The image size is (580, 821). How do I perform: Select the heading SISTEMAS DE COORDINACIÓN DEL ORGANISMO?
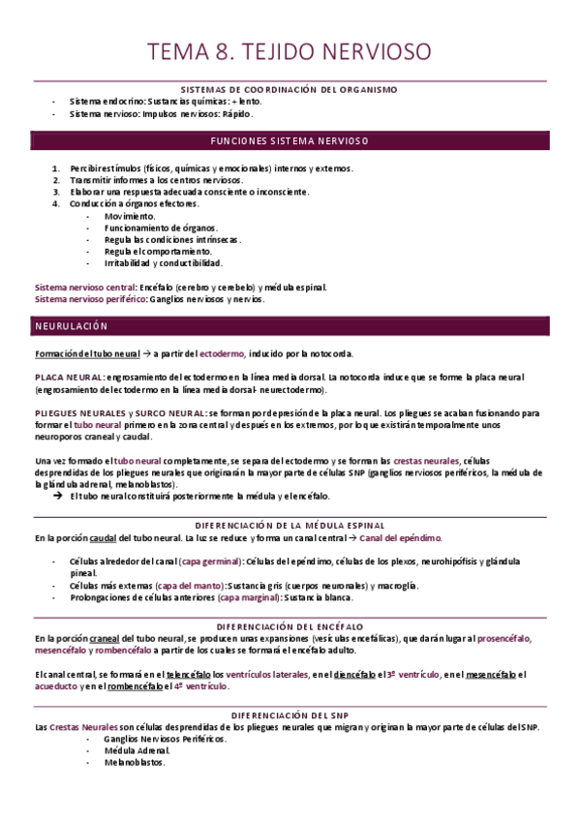290,89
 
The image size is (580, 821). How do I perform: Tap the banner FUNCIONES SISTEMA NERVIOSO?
290,140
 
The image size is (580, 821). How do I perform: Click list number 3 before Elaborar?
57,192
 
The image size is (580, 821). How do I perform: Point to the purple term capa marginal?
250,598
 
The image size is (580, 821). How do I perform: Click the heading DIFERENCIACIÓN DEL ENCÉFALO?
290,626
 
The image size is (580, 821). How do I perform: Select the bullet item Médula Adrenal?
137,750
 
